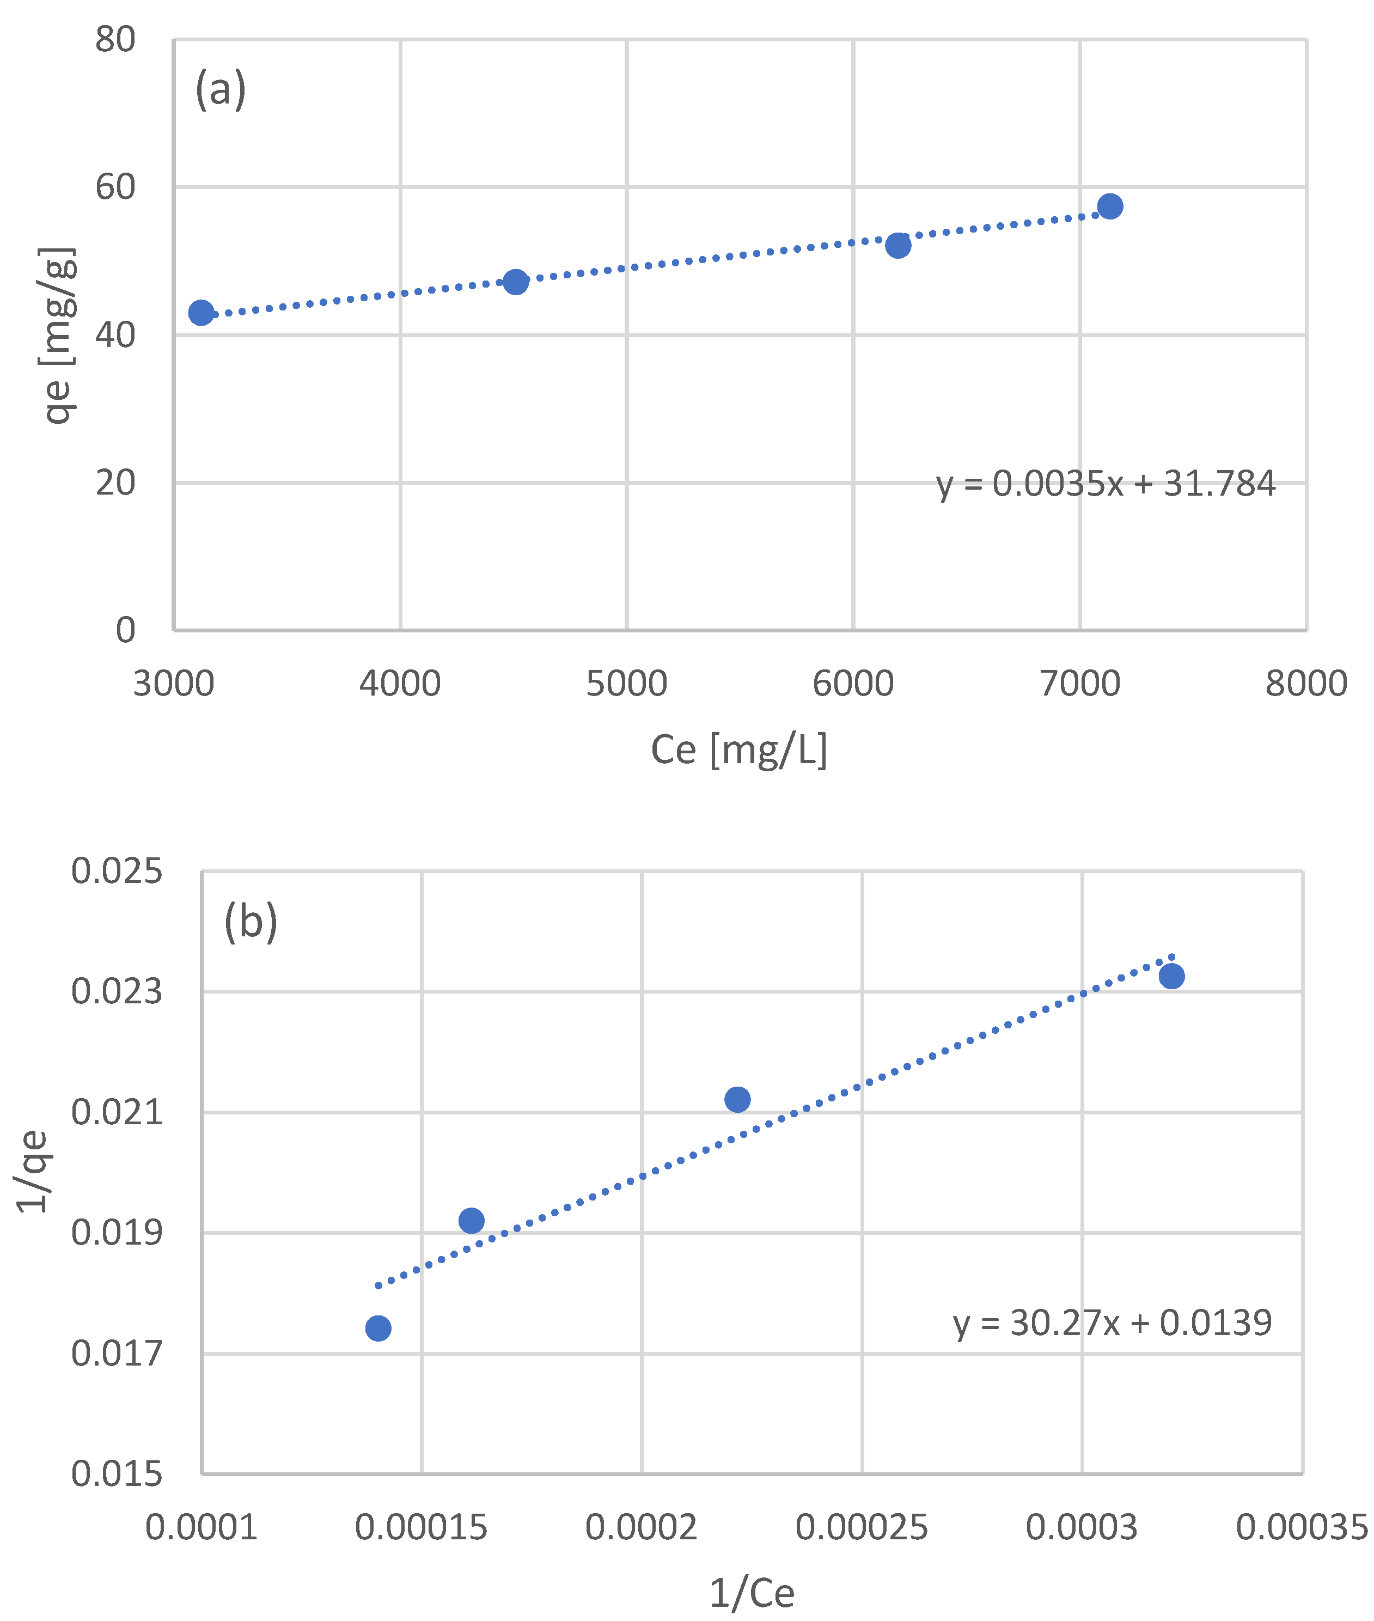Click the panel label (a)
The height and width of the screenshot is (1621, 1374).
pos(221,89)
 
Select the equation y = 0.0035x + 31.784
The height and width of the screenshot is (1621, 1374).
pos(1106,484)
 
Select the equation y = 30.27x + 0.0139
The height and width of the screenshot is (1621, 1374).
pos(1112,1323)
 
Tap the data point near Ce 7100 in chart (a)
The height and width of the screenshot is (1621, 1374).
pos(1110,206)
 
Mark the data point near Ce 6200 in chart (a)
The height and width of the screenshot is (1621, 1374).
pos(898,245)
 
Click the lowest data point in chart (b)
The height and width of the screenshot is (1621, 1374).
pos(378,1328)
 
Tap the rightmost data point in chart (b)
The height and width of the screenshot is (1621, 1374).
pos(1171,976)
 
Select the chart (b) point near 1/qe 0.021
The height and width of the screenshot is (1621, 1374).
pos(737,1100)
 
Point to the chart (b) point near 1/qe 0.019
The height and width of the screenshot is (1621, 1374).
pos(471,1221)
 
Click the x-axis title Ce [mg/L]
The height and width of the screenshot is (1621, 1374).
pos(738,749)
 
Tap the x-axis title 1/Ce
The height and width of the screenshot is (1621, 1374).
pos(752,1593)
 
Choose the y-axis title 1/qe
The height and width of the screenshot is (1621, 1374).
pos(33,1172)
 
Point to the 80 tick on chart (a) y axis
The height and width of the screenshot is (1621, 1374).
pos(115,39)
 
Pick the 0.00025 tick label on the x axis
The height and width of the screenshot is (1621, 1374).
pos(862,1527)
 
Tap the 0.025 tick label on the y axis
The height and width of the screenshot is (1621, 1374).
pos(117,871)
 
